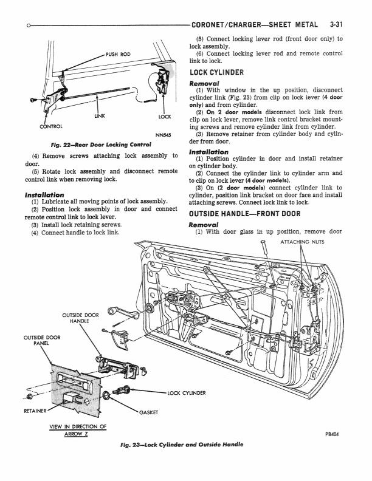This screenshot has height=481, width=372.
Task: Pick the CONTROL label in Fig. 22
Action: tap(50, 126)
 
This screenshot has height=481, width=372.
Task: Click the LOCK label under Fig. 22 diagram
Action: tap(164, 116)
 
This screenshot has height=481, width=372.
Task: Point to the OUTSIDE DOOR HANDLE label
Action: tap(80, 318)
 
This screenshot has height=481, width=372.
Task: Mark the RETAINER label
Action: tap(36, 411)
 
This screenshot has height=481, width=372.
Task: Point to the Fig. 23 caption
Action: tap(182, 445)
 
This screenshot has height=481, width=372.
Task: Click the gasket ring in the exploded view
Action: tap(107, 397)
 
